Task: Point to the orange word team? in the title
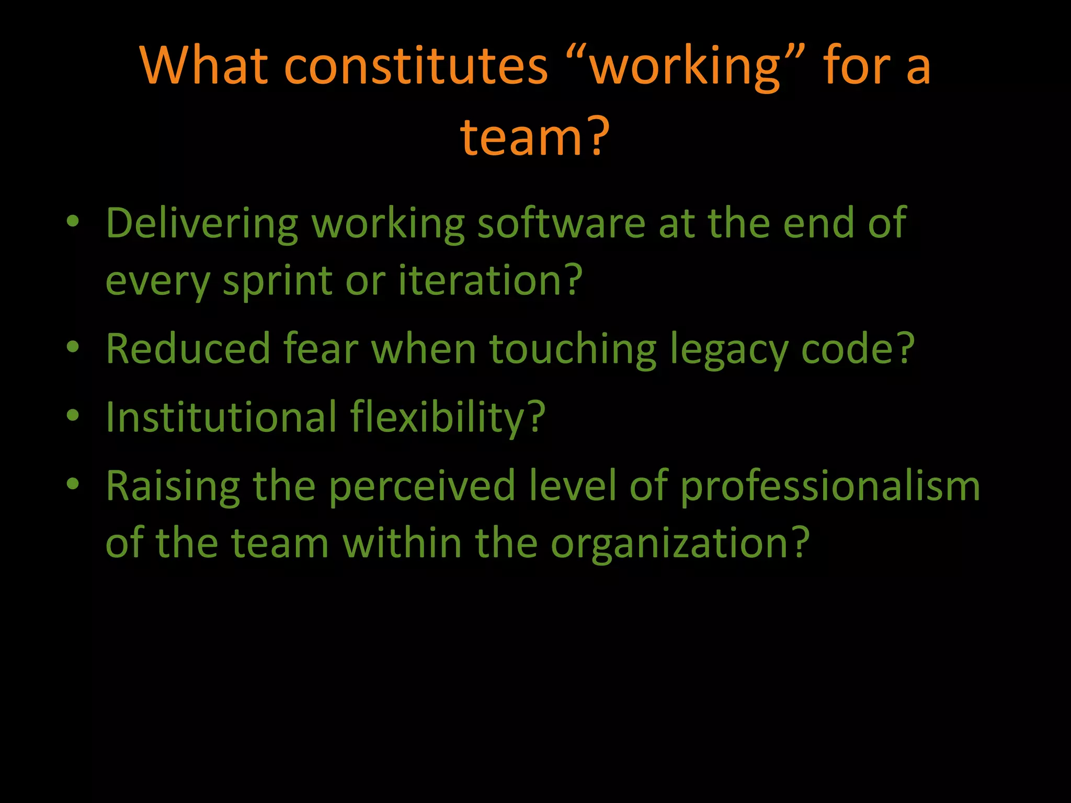[534, 137]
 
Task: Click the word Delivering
[202, 224]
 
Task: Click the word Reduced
[188, 349]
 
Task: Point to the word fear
[321, 349]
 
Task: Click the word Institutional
[221, 417]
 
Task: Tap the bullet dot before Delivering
[73, 222]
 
